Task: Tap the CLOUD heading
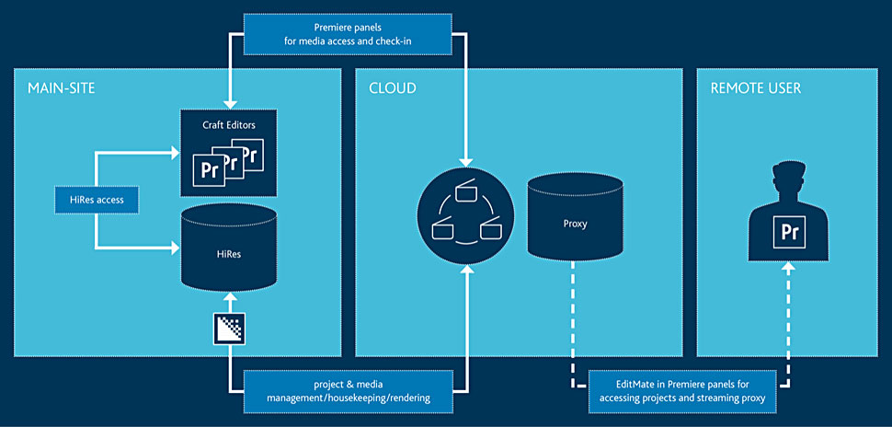pyautogui.click(x=392, y=88)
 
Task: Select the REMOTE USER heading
pyautogui.click(x=756, y=88)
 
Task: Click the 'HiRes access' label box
pyautogui.click(x=97, y=200)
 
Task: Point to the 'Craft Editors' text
pyautogui.click(x=229, y=125)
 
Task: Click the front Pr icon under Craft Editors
pyautogui.click(x=210, y=169)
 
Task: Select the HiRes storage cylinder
pyautogui.click(x=229, y=248)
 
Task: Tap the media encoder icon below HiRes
pyautogui.click(x=229, y=329)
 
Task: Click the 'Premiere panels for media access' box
pyautogui.click(x=348, y=34)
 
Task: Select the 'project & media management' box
pyautogui.click(x=349, y=391)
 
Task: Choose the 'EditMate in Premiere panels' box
pyautogui.click(x=682, y=391)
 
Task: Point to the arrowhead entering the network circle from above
pyautogui.click(x=465, y=163)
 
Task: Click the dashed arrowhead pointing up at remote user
pyautogui.click(x=788, y=267)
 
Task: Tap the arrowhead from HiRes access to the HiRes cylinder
pyautogui.click(x=176, y=248)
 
